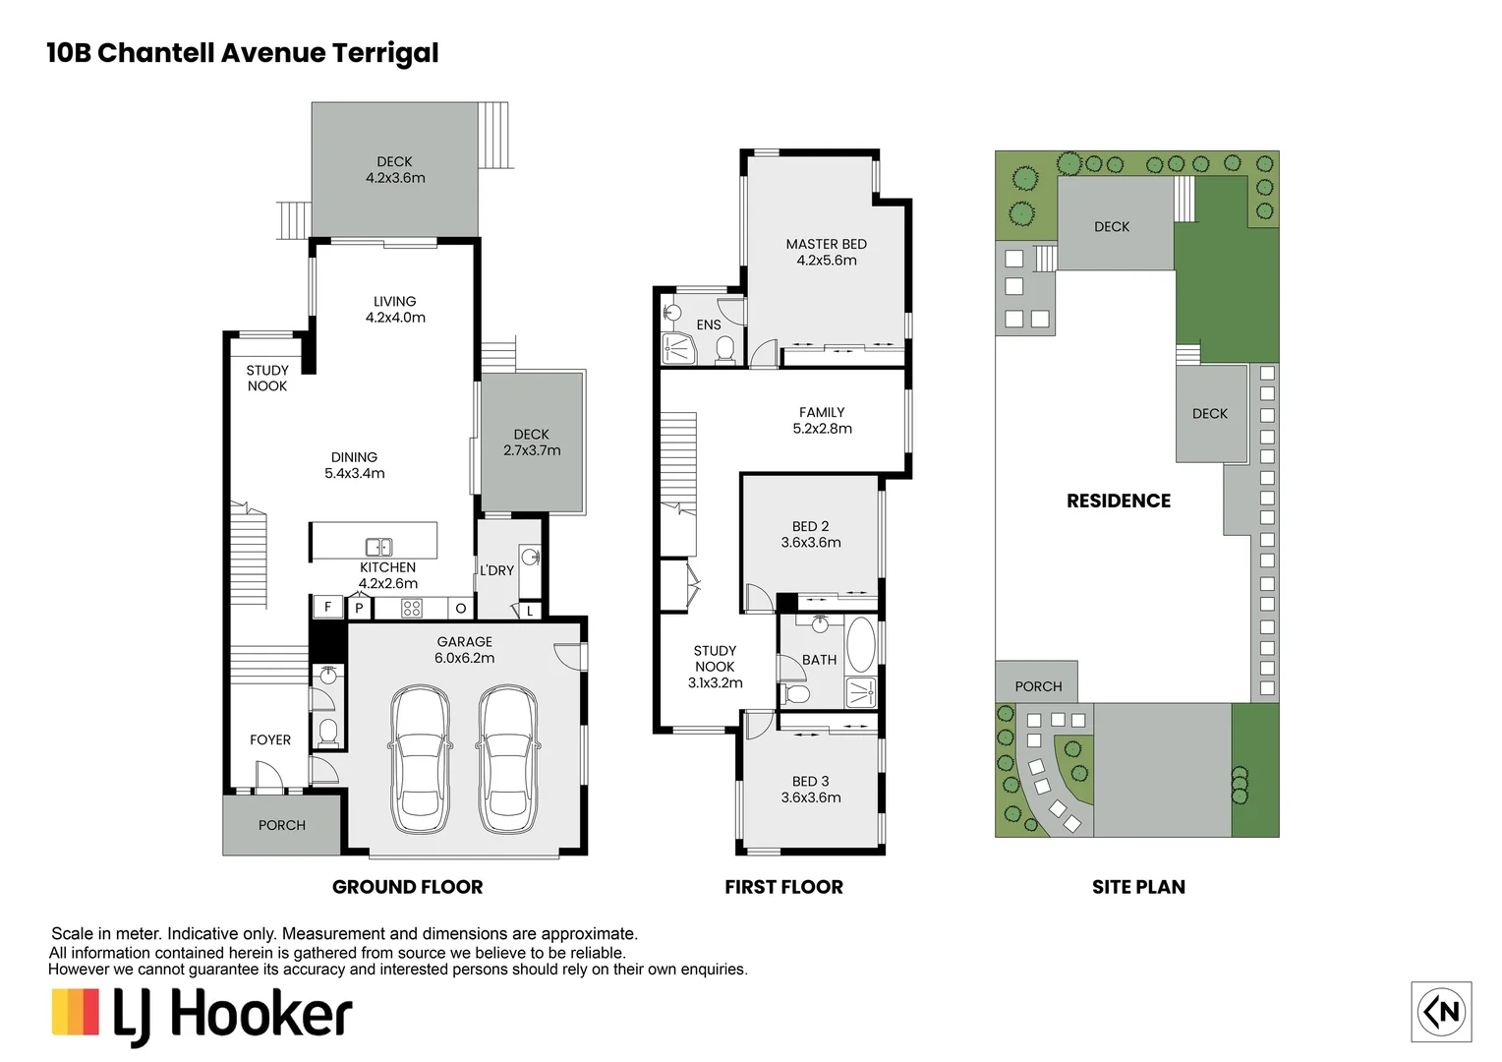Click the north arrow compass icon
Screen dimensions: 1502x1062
(x=1441, y=1012)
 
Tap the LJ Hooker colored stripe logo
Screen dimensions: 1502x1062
(x=75, y=1012)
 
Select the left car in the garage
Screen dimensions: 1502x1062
(x=420, y=759)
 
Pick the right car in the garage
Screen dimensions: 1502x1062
(x=507, y=759)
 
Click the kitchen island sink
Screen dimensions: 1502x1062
(x=378, y=547)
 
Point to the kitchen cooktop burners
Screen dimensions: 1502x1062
(x=411, y=609)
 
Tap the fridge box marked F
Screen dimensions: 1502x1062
(x=328, y=607)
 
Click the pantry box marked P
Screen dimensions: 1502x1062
(x=360, y=609)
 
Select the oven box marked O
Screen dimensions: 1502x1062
(x=461, y=609)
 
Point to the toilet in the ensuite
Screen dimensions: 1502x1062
(x=724, y=350)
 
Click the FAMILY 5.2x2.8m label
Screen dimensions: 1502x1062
(x=822, y=421)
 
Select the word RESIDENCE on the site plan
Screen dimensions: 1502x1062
(x=1119, y=501)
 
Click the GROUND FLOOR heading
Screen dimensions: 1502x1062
(x=408, y=887)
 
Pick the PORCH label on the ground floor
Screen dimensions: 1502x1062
(x=281, y=825)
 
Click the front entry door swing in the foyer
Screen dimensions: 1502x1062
(x=269, y=777)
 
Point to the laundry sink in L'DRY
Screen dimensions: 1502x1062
(x=531, y=557)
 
